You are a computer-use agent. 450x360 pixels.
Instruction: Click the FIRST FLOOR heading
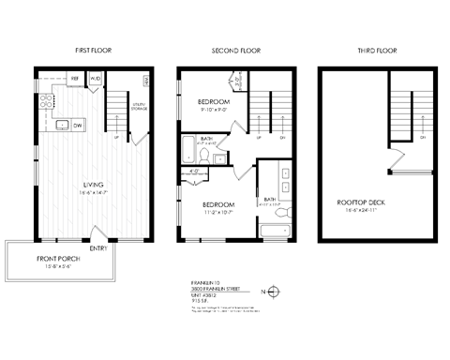[x=94, y=49]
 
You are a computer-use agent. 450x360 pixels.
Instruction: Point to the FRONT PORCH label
[x=58, y=258]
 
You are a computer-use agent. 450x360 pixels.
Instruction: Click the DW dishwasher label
[x=79, y=124]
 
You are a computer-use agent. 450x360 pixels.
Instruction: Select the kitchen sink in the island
[x=60, y=124]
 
